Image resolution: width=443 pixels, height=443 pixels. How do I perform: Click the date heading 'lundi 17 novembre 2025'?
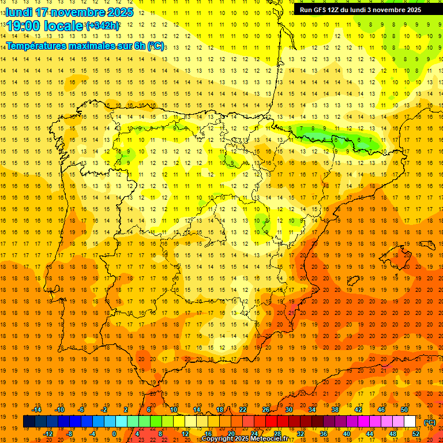(69, 12)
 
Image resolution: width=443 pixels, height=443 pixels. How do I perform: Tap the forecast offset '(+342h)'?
(103, 25)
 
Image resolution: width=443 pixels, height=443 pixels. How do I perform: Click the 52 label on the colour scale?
(416, 434)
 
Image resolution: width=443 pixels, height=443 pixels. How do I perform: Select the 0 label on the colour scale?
(114, 434)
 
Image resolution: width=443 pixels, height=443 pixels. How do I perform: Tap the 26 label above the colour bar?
(266, 410)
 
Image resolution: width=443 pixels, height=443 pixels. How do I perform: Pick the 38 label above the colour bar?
(335, 410)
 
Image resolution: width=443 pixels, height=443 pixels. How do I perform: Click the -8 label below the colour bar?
(69, 434)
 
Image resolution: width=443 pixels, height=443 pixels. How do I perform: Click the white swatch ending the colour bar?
(410, 422)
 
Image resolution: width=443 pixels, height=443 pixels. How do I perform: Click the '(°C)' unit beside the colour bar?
(430, 422)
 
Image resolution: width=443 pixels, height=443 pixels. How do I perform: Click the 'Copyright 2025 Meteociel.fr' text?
(245, 439)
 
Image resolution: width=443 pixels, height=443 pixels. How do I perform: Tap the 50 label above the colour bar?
(404, 410)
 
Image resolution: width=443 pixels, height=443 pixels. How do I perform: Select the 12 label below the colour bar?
(185, 434)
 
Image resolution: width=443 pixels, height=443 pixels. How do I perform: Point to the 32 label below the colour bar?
(301, 434)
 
